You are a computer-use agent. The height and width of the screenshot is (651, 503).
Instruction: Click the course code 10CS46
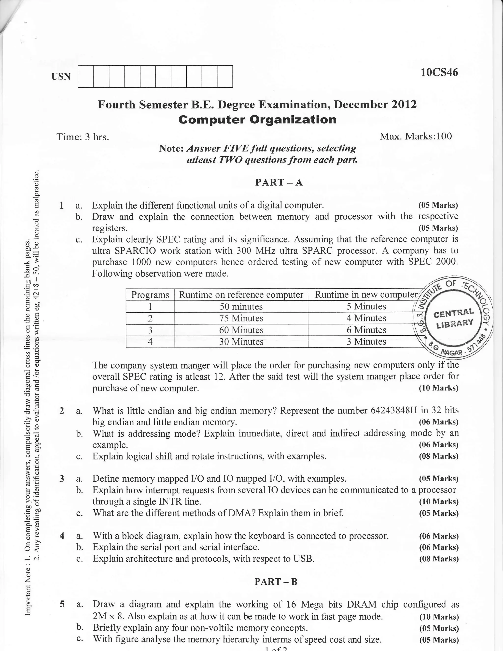[x=439, y=72]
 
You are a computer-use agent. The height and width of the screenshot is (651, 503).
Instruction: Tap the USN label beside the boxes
[x=61, y=77]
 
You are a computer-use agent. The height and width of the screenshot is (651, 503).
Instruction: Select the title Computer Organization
[x=257, y=120]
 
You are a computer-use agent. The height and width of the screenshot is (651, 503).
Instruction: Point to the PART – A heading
[x=279, y=182]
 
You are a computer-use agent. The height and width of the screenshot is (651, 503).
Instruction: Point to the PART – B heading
[x=276, y=582]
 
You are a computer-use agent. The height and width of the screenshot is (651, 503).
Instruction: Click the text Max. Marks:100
[x=416, y=136]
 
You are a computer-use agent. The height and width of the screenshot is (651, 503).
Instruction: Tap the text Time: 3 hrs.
[x=83, y=137]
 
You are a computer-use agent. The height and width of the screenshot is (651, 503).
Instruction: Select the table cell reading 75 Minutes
[x=241, y=318]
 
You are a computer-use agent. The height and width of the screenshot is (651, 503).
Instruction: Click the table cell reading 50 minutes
[x=241, y=306]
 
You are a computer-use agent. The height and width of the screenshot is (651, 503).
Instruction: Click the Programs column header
[x=150, y=295]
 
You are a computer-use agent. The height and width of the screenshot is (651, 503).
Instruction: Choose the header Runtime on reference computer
[x=241, y=295]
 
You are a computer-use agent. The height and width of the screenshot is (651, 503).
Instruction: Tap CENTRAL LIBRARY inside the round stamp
[x=454, y=318]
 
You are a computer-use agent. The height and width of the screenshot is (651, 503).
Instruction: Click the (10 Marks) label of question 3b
[x=439, y=502]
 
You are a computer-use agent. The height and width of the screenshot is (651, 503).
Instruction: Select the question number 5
[x=62, y=604]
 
